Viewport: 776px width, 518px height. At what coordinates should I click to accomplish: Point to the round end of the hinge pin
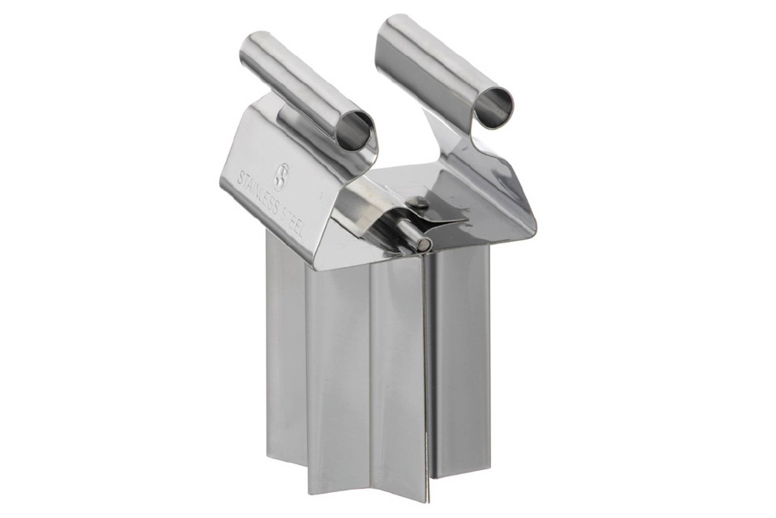[425, 244]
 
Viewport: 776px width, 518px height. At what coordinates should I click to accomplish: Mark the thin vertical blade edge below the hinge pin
[426, 364]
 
